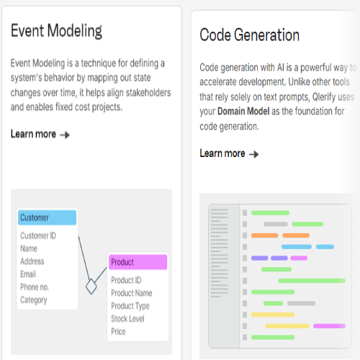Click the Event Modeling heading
coord(56,31)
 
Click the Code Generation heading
coord(250,35)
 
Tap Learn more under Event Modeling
coord(40,134)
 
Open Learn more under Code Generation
coord(229,153)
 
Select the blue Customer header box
coord(48,217)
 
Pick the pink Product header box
coord(138,262)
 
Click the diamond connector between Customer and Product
coord(91,287)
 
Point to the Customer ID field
coord(38,235)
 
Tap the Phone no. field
coord(35,287)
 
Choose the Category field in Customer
coord(34,300)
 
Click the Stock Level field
coord(127,319)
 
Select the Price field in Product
coord(118,331)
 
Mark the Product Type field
coord(130,306)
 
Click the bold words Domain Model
coord(243,112)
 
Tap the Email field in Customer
coord(28,274)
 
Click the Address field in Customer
coord(32,261)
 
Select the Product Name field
coord(132,293)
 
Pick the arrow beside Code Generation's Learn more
coord(254,154)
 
